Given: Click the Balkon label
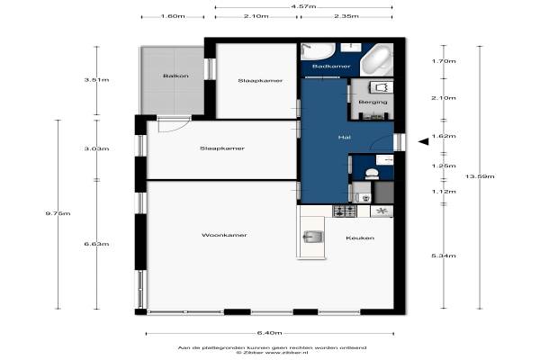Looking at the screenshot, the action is (175, 76).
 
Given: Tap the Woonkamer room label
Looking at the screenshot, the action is (224, 235).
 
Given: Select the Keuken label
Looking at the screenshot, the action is (360, 238).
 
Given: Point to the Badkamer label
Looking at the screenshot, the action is (331, 66).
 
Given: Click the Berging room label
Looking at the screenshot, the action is (373, 102).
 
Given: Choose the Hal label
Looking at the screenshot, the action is (345, 137).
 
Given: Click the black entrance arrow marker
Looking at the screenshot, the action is (424, 141).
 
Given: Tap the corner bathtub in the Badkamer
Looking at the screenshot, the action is (377, 59).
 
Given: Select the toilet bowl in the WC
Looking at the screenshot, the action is (372, 174).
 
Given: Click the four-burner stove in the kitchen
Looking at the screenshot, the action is (345, 211).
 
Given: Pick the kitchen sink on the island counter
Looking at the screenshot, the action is (312, 237).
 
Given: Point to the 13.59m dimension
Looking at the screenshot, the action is (480, 176).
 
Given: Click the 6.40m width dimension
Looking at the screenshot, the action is (270, 333).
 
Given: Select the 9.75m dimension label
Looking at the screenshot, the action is (58, 213).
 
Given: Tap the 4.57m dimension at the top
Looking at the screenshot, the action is (303, 6).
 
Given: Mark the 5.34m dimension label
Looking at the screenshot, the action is (444, 256).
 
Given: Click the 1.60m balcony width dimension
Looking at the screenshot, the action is (173, 16).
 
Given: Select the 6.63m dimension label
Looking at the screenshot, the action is (97, 244).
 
